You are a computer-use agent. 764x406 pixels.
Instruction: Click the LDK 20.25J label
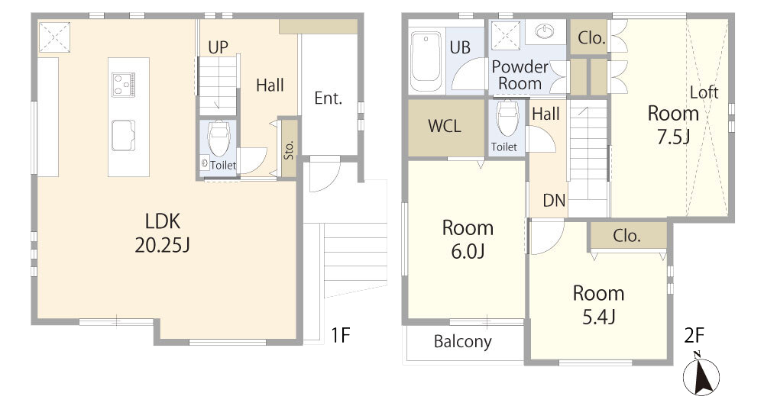(162, 234)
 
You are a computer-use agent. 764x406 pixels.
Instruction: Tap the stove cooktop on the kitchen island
(123, 84)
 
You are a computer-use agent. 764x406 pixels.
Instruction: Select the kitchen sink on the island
(123, 135)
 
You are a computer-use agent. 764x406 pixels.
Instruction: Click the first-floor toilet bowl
(219, 138)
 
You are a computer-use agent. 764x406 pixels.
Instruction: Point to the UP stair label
(218, 47)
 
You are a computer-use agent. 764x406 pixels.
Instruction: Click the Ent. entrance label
(328, 98)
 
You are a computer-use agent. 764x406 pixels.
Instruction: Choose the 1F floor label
(341, 335)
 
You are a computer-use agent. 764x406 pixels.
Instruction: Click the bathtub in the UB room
(426, 63)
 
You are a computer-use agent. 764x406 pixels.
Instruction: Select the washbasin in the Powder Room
(544, 31)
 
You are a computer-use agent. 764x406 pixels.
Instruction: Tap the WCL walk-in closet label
(445, 126)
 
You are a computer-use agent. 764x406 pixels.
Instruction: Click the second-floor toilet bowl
(507, 118)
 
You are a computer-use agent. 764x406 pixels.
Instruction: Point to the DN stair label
(554, 200)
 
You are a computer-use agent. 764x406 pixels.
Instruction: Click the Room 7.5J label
(673, 125)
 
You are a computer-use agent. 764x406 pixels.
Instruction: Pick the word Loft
(704, 92)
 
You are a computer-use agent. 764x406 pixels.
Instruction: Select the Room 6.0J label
(468, 240)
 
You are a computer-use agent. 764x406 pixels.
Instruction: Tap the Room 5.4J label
(598, 304)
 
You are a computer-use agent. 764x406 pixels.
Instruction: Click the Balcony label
(462, 342)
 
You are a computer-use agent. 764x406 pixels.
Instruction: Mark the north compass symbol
(701, 375)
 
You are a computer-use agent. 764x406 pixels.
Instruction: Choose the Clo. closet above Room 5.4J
(628, 236)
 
